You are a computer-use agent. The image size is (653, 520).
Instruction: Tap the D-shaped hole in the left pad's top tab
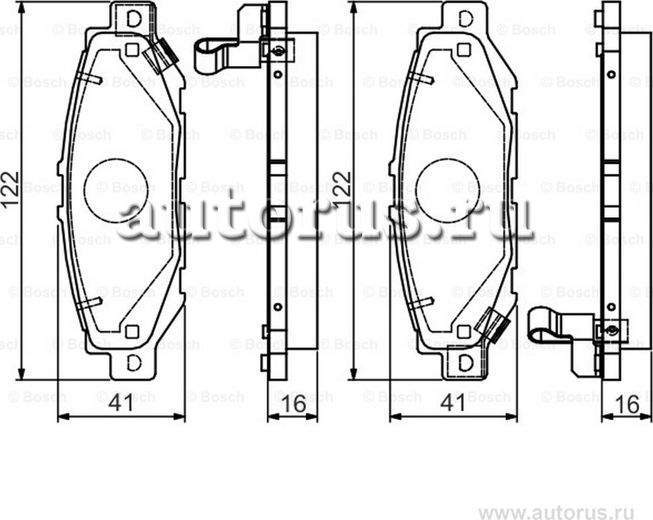[134, 19]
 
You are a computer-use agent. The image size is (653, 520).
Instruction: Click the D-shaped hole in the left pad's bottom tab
[134, 363]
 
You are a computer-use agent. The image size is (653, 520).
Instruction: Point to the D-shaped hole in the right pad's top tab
[466, 19]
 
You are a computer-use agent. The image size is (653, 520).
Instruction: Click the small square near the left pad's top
[132, 49]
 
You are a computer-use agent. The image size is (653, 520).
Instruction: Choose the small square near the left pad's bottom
[132, 331]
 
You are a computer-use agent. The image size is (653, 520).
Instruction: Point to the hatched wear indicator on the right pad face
[495, 325]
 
